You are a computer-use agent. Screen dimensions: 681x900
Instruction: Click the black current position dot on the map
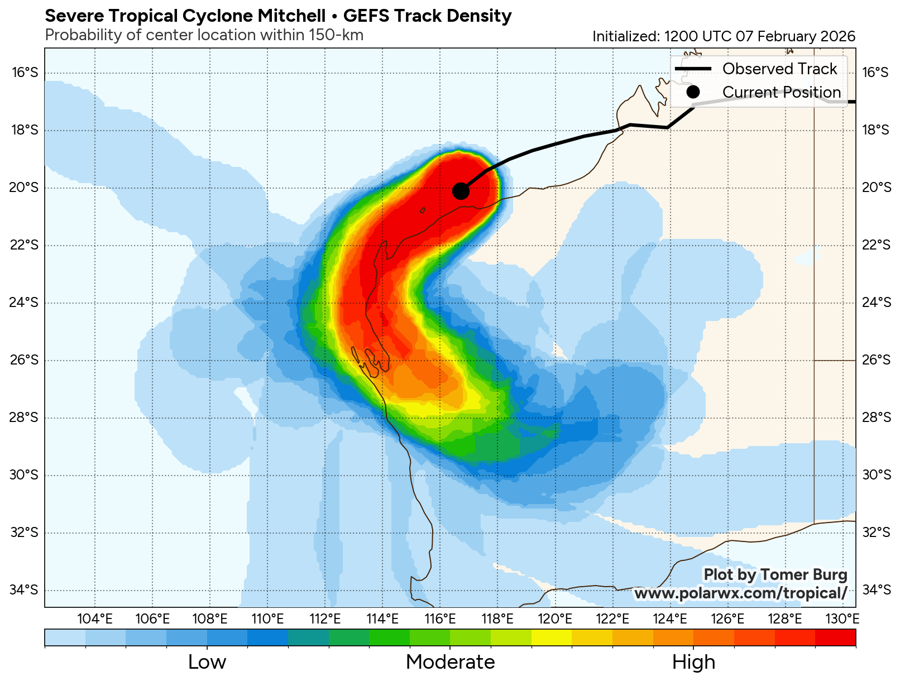pyautogui.click(x=461, y=191)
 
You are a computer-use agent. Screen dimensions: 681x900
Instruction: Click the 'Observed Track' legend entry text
pyautogui.click(x=779, y=69)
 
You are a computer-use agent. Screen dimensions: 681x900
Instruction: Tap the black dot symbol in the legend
pyautogui.click(x=693, y=92)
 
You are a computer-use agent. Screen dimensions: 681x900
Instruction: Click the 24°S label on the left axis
pyautogui.click(x=24, y=303)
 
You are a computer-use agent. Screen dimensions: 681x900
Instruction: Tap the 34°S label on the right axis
pyautogui.click(x=876, y=590)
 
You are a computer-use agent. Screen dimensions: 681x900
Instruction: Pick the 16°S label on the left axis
pyautogui.click(x=24, y=73)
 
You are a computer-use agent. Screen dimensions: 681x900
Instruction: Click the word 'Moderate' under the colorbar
pyautogui.click(x=450, y=662)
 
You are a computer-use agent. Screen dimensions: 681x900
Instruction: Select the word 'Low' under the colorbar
pyautogui.click(x=207, y=662)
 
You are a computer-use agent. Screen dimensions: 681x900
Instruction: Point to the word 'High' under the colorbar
pyautogui.click(x=693, y=662)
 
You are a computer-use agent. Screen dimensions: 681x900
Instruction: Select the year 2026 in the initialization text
pyautogui.click(x=837, y=36)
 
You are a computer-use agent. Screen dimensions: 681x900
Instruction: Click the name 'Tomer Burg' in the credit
pyautogui.click(x=804, y=574)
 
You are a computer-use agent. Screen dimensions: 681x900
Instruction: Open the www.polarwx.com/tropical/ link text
pyautogui.click(x=740, y=593)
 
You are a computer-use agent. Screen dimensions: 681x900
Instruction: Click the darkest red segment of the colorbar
pyautogui.click(x=835, y=637)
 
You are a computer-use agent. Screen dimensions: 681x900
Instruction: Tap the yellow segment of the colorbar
pyautogui.click(x=552, y=637)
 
